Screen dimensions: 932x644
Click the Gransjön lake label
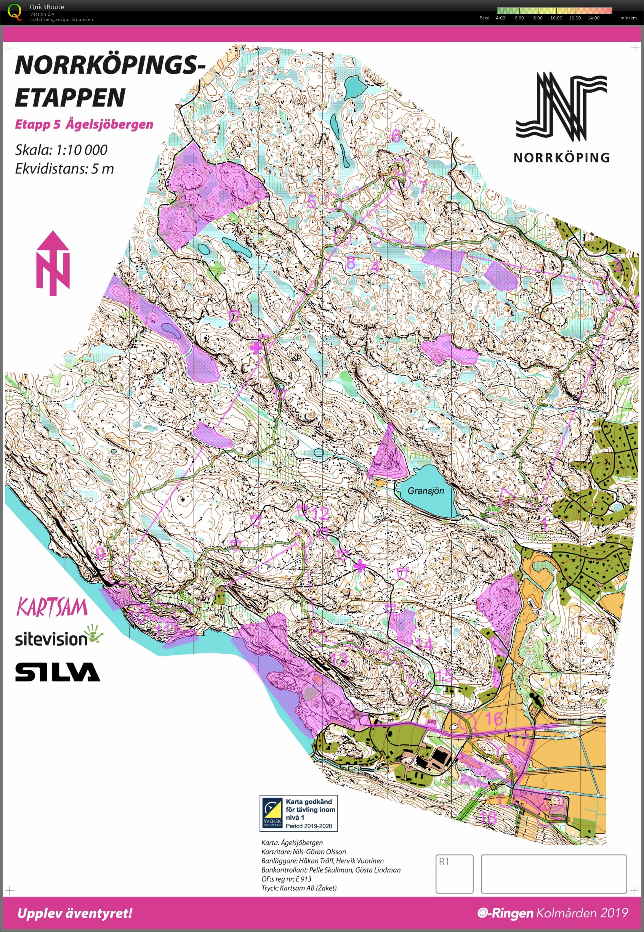pyautogui.click(x=425, y=491)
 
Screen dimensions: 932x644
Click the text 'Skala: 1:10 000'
pyautogui.click(x=61, y=150)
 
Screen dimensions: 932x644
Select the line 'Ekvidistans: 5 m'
pyautogui.click(x=64, y=168)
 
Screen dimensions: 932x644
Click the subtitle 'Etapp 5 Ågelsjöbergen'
pyautogui.click(x=84, y=124)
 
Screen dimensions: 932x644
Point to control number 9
pyautogui.click(x=101, y=553)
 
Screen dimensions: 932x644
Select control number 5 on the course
pyautogui.click(x=311, y=201)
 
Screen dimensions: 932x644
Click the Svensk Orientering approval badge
pyautogui.click(x=298, y=813)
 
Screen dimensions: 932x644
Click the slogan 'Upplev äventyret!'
pyautogui.click(x=75, y=913)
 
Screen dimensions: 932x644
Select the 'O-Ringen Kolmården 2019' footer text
pyautogui.click(x=553, y=913)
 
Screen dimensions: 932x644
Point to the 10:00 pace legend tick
pyautogui.click(x=556, y=18)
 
